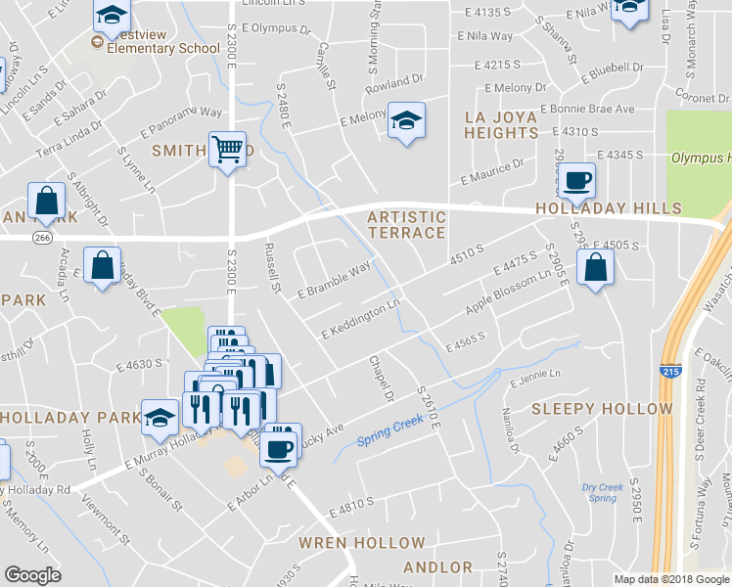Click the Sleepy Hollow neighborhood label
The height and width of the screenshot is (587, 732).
(x=602, y=409)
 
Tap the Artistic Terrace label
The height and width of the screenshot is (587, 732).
(x=407, y=225)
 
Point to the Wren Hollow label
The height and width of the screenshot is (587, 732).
(x=362, y=543)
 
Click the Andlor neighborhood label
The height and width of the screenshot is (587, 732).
(x=437, y=567)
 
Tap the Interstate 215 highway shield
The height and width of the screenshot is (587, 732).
(x=667, y=373)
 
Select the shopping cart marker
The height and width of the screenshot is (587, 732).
(x=227, y=151)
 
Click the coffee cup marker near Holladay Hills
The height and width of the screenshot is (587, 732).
(x=578, y=181)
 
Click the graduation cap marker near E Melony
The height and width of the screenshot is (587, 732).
(x=406, y=121)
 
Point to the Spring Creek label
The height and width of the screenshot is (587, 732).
(x=389, y=426)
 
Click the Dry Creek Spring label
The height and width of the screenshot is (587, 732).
(x=602, y=492)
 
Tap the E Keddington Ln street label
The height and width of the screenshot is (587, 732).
(x=362, y=320)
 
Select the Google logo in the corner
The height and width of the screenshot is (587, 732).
(x=32, y=575)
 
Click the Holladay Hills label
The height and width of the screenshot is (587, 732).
(x=608, y=208)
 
